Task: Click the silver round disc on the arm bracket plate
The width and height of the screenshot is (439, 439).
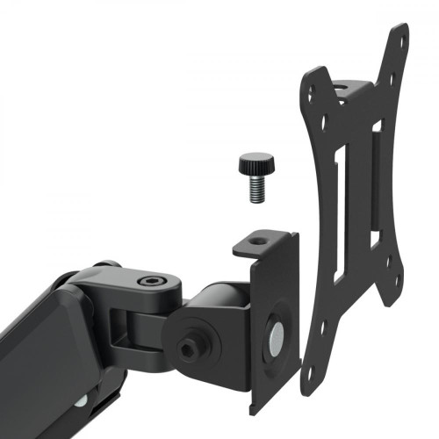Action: (276, 331)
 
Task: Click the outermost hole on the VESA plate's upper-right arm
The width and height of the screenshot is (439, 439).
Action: (403, 39)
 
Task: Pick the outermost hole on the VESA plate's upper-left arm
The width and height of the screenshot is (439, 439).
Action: (308, 88)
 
